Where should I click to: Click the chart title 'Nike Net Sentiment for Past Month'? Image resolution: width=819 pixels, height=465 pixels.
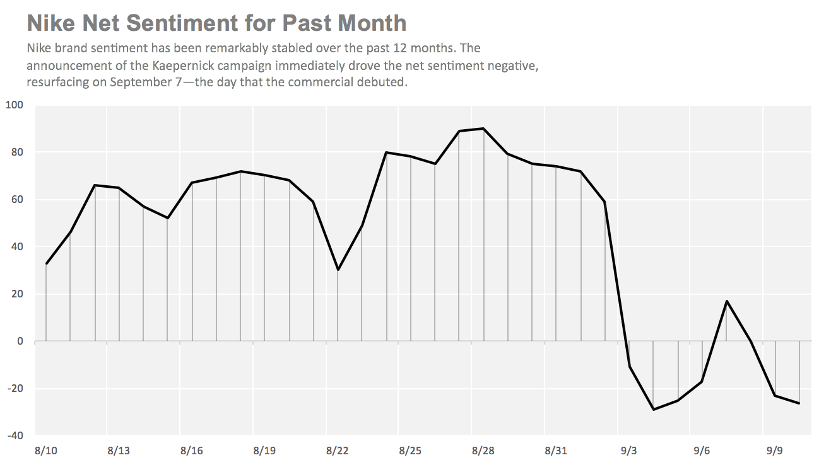(216, 23)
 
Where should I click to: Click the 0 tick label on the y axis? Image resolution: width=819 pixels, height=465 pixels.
(20, 341)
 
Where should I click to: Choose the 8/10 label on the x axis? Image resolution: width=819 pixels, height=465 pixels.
(46, 451)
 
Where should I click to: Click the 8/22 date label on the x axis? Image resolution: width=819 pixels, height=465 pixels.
(338, 451)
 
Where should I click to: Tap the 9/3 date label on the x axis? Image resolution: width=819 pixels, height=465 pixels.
(629, 451)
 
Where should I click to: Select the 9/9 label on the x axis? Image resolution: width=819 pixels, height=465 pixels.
(775, 451)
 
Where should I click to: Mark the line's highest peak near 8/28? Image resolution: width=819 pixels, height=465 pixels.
(483, 129)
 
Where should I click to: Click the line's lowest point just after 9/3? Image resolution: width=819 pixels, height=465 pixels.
(653, 410)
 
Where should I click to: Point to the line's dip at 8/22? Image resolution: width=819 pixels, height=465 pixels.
(338, 270)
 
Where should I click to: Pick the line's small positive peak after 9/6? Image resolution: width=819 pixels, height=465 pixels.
(726, 301)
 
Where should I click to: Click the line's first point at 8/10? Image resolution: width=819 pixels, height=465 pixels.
(46, 263)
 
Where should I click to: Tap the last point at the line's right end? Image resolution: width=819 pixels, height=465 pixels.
(799, 403)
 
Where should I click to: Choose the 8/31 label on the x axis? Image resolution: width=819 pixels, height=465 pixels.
(556, 451)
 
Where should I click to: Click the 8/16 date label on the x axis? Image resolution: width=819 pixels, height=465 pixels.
(192, 451)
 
